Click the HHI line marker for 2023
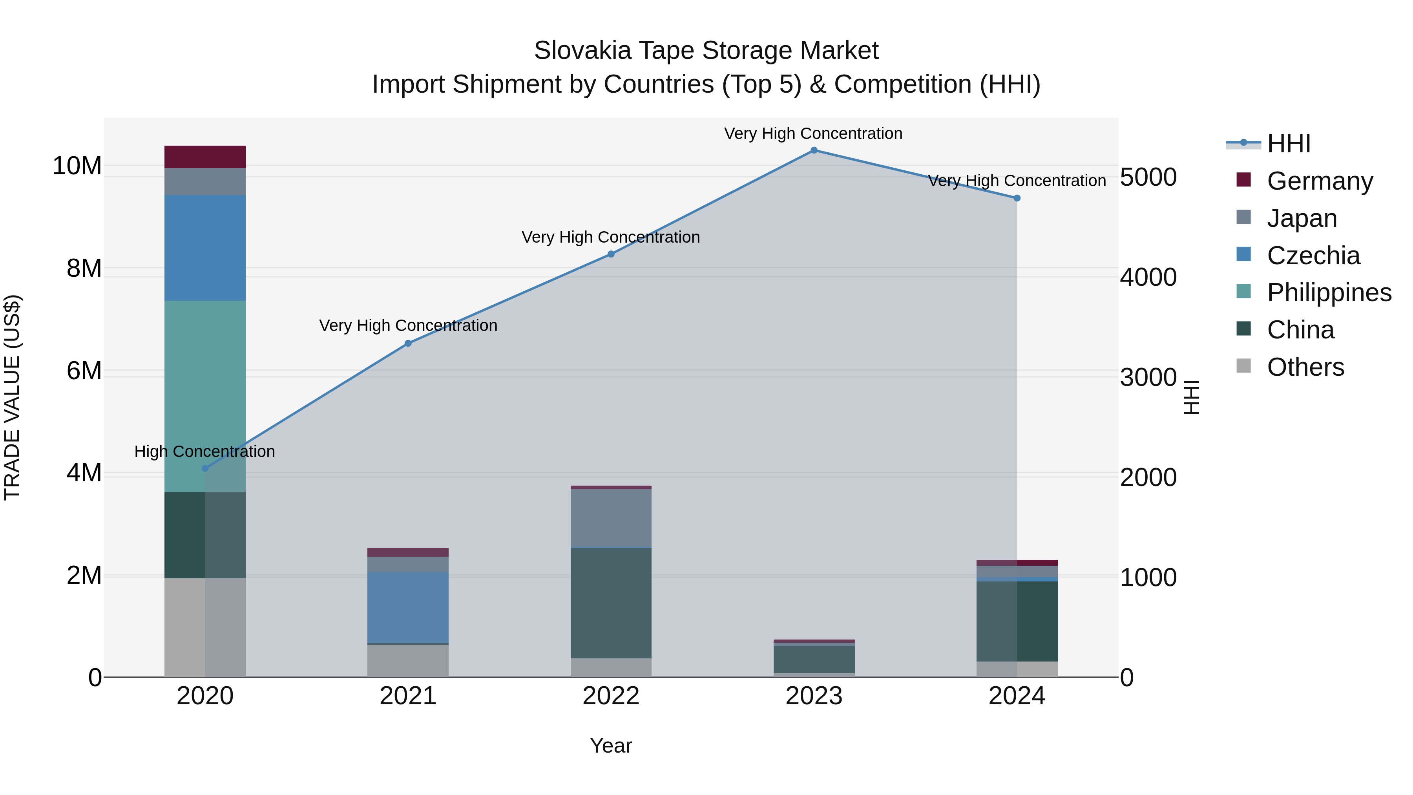click(x=814, y=150)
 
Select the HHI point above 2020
click(x=205, y=468)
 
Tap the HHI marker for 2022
click(x=611, y=254)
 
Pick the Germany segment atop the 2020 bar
click(x=205, y=157)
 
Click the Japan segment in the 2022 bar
click(x=611, y=517)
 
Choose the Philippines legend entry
click(x=1329, y=292)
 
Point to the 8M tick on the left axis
click(x=84, y=268)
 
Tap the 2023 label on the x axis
click(x=814, y=696)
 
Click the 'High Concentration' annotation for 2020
click(x=204, y=451)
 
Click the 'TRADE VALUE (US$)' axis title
click(x=12, y=397)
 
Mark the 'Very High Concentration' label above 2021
click(x=408, y=325)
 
